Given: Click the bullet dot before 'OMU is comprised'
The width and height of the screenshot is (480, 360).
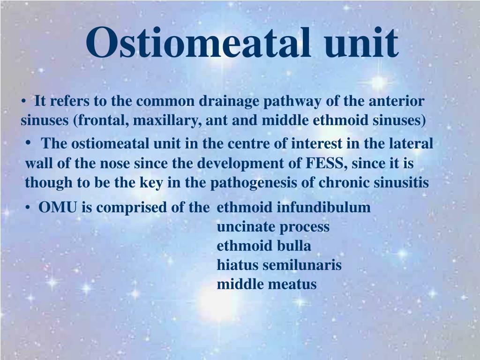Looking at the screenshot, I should point(29,208).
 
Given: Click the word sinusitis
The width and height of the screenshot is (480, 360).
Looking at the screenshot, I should point(404,182).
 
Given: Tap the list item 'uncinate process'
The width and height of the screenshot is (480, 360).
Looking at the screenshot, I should point(273,227).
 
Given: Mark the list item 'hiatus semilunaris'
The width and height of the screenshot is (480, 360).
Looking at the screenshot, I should point(279,265).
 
